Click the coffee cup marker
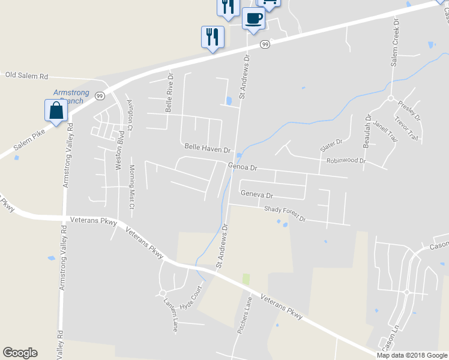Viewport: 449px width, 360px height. [253, 18]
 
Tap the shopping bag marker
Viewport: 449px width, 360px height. [56, 111]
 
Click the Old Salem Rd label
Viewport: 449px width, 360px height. [26, 76]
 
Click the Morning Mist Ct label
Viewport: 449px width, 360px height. [132, 187]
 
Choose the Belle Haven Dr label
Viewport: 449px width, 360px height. [208, 148]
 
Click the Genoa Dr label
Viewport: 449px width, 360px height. [242, 167]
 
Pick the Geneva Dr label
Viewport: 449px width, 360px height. [256, 195]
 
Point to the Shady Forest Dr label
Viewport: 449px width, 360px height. [285, 214]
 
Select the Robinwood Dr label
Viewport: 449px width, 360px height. [346, 161]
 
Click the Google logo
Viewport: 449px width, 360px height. [20, 353]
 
